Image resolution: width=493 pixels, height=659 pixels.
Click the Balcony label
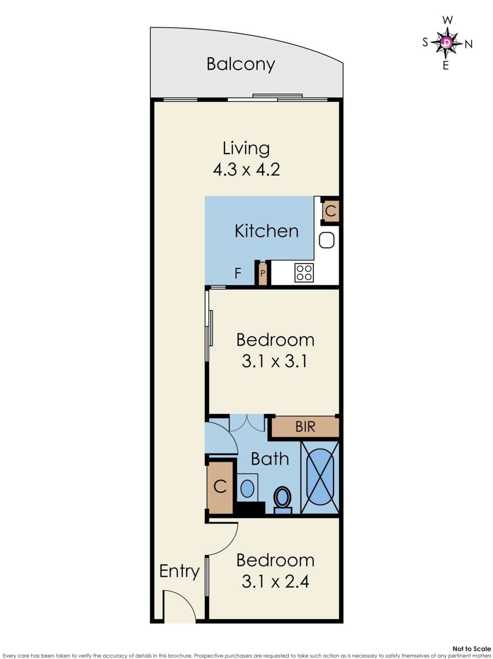[x=241, y=64]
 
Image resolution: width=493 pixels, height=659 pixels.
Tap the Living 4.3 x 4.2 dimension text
[x=246, y=169]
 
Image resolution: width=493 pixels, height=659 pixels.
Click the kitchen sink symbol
[x=327, y=240]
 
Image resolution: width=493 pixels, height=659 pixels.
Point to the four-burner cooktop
[x=304, y=273]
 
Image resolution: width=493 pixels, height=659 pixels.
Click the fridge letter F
[x=238, y=273]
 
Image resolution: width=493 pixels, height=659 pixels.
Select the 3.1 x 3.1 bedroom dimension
[x=274, y=361]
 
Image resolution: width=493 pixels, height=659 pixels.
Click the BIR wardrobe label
[x=305, y=427]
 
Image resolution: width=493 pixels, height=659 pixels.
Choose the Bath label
[x=270, y=459]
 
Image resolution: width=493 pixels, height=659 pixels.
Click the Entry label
[x=179, y=571]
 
